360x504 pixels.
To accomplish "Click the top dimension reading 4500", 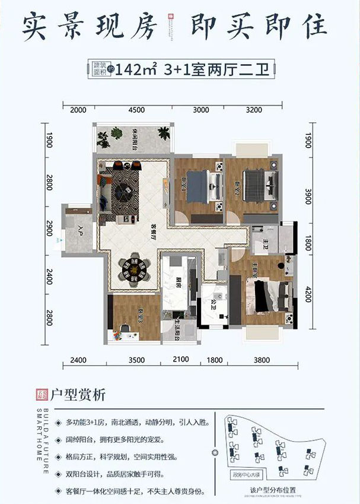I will tap(136, 109).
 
